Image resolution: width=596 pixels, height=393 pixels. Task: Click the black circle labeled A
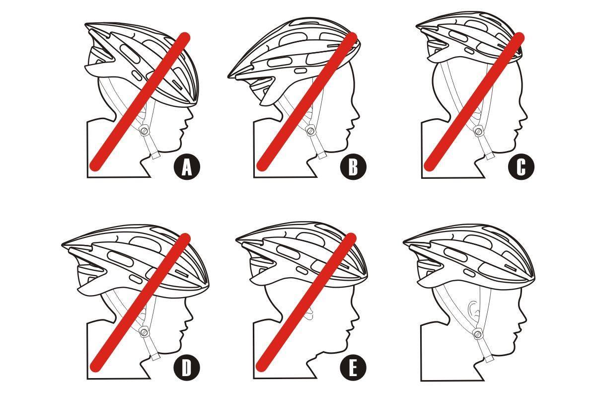tap(187, 167)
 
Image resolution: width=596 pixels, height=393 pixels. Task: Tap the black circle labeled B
tap(353, 167)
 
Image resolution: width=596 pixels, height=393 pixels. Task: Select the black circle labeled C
tap(521, 167)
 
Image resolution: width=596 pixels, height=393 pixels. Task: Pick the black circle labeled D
tap(187, 368)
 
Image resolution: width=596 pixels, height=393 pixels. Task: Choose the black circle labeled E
tap(353, 368)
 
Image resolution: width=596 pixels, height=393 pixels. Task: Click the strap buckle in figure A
tap(144, 131)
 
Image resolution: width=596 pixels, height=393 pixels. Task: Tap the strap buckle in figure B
tap(310, 131)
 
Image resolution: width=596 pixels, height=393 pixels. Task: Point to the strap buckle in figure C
tap(478, 131)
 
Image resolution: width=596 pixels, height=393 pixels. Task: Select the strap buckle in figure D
tap(144, 332)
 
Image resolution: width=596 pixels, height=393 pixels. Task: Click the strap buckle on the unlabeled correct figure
tap(478, 333)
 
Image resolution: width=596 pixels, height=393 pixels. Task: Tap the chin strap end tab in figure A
tap(155, 156)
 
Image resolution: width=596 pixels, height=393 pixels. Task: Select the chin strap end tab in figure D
tap(156, 357)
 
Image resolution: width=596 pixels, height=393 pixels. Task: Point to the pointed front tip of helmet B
tap(229, 77)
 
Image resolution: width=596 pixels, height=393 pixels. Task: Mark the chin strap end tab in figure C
tap(490, 156)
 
